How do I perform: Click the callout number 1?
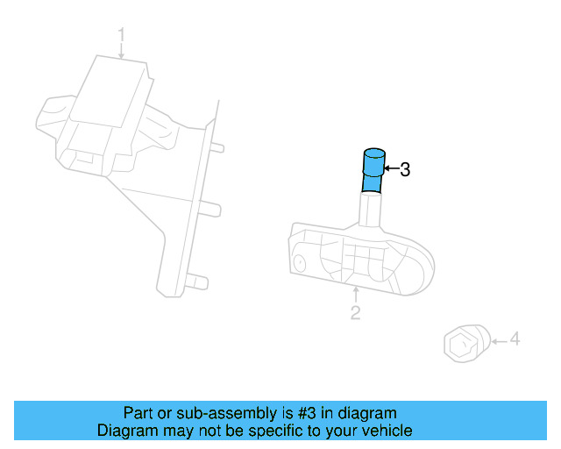click(122, 36)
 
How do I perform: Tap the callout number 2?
click(355, 313)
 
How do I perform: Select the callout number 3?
click(404, 169)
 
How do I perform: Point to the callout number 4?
click(515, 339)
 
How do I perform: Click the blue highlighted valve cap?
click(373, 170)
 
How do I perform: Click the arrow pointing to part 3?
click(390, 168)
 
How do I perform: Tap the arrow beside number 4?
click(497, 339)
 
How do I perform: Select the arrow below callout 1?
click(122, 52)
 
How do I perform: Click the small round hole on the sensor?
click(301, 262)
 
